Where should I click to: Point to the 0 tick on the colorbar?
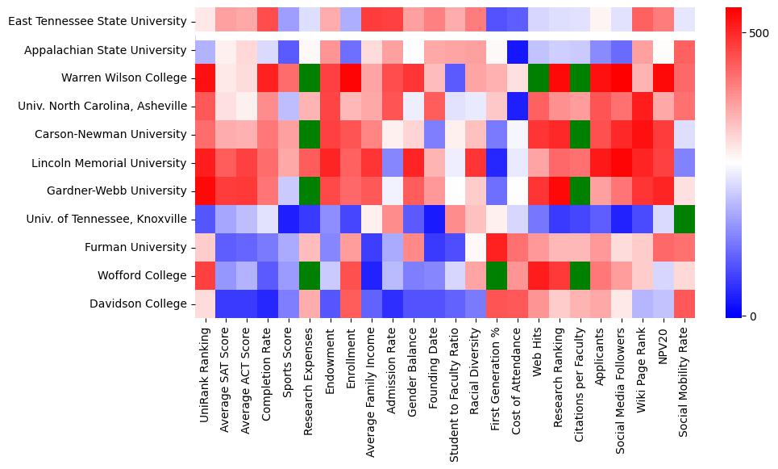(x=753, y=316)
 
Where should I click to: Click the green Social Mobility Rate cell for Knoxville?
(x=684, y=220)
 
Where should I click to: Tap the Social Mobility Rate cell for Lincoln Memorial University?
(x=684, y=163)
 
